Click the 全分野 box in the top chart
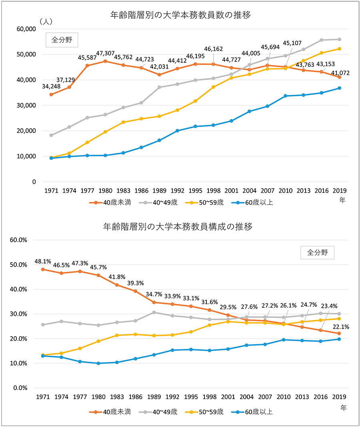61,40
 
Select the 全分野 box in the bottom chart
317,253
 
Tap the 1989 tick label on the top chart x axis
159,190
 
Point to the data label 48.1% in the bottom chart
43,262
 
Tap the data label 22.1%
341,327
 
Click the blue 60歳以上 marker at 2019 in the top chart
339,88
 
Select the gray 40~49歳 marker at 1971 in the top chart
51,135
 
